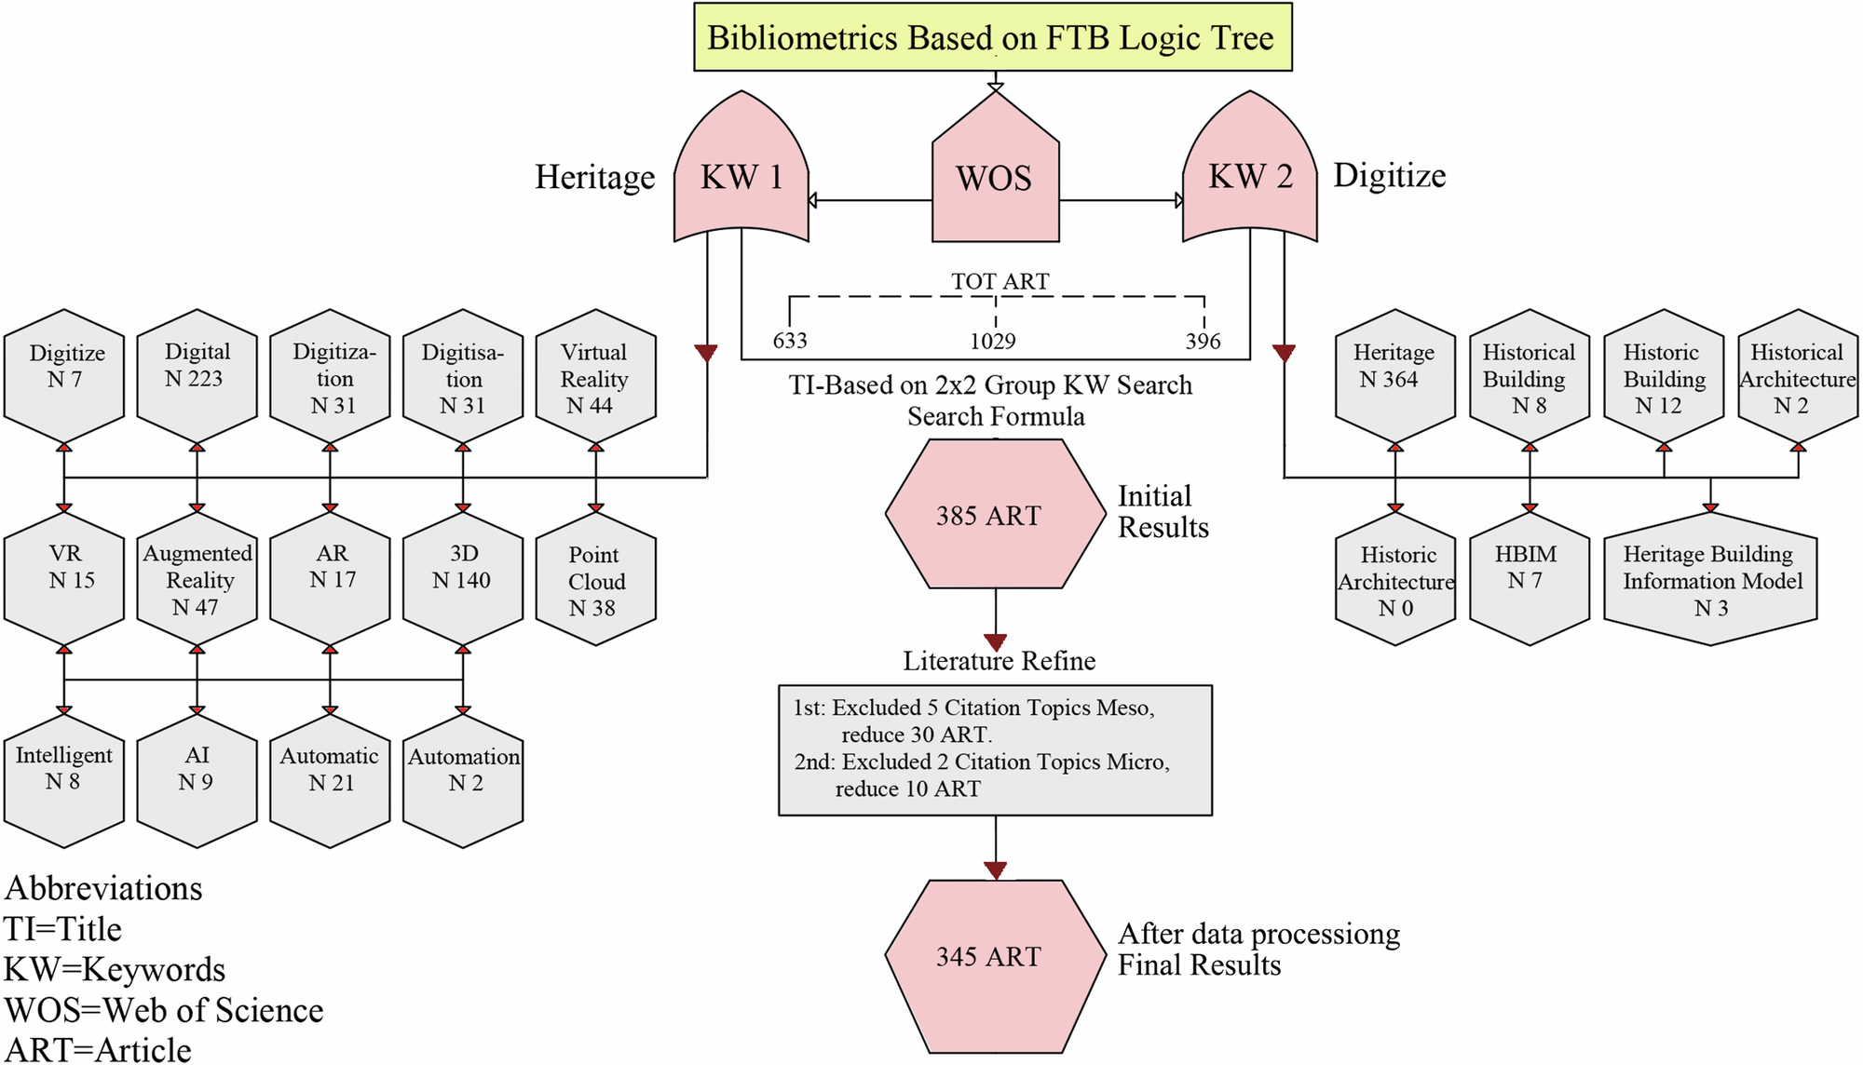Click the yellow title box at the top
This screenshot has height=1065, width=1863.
coord(993,37)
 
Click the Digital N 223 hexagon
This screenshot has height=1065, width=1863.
coord(197,376)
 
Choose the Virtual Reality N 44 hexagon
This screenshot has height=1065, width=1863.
coord(595,378)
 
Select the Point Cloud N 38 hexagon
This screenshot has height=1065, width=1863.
coord(595,581)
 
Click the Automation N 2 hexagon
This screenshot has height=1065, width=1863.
coord(463,780)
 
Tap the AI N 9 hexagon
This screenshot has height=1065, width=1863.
coord(197,780)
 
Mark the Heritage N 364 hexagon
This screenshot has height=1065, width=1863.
coord(1394,376)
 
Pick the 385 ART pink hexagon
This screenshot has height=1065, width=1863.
coord(995,515)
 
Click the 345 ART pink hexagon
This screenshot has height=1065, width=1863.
coord(995,956)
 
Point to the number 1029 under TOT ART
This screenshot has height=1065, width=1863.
coord(993,342)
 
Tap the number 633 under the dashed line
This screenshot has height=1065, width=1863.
coord(790,341)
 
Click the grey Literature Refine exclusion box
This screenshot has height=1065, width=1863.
coord(995,750)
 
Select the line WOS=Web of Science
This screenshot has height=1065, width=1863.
coord(164,1010)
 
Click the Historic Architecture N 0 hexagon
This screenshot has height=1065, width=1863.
coord(1394,581)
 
